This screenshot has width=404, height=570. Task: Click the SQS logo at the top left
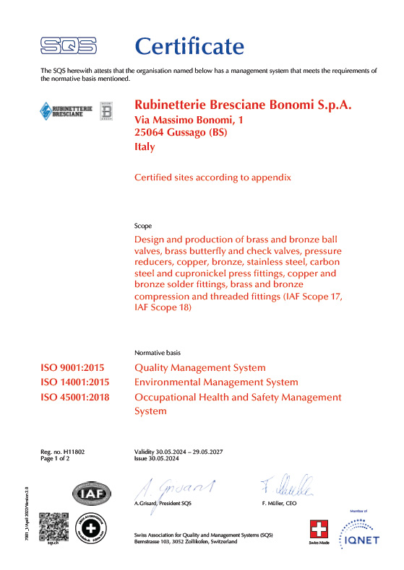(69, 46)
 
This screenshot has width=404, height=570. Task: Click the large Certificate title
(190, 46)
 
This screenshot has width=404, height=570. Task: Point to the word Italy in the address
(145, 146)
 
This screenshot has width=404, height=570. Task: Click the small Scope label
(143, 226)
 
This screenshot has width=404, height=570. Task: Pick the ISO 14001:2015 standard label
(78, 382)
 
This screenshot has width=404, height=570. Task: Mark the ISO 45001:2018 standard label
(78, 397)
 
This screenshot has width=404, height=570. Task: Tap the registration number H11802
(74, 451)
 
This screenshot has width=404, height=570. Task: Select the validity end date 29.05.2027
(204, 451)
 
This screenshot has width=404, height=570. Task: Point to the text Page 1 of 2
(57, 457)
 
